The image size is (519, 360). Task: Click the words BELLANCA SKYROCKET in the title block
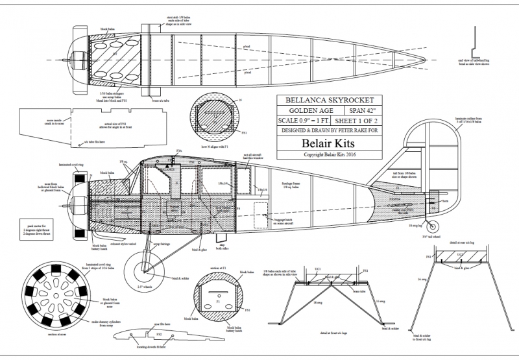(x=322, y=101)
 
